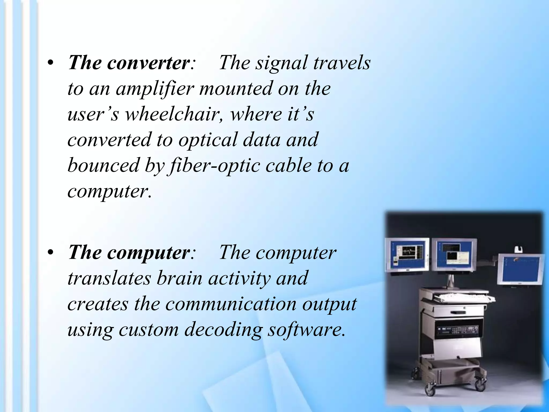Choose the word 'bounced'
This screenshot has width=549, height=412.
[x=103, y=166]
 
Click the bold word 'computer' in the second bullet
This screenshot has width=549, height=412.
[x=148, y=253]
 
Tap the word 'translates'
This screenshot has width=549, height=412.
[x=109, y=278]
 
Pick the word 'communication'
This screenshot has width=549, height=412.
[x=231, y=304]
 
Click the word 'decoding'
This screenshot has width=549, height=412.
[x=223, y=330]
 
